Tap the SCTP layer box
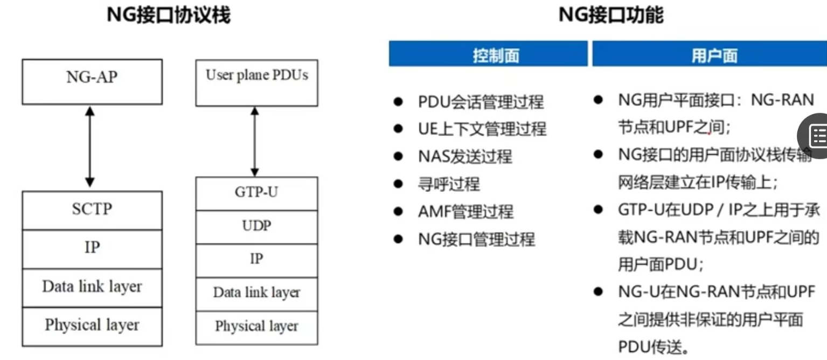[92, 210]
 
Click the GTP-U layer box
[256, 193]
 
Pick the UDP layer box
[256, 227]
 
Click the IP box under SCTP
[92, 249]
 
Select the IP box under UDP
[256, 260]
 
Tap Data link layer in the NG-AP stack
[92, 288]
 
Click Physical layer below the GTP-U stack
[256, 327]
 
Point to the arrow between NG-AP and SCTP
[90, 147]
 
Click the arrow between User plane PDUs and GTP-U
[255, 141]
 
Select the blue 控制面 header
[488, 54]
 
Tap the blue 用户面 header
[710, 54]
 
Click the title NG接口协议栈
[169, 15]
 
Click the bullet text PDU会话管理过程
[481, 102]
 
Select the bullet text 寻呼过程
[448, 184]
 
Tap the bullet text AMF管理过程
[465, 212]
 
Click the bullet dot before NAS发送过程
[398, 156]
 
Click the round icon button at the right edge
[817, 136]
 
